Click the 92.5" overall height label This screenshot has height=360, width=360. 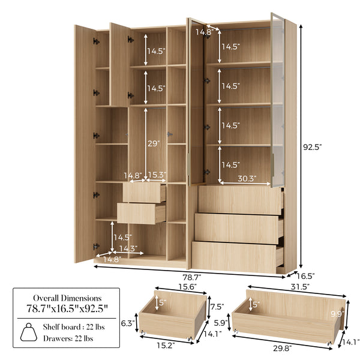312,147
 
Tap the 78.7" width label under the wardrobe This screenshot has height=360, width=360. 192,277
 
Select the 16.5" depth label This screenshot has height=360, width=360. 305,276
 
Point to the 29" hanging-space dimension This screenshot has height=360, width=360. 154,144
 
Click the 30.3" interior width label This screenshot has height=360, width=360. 247,178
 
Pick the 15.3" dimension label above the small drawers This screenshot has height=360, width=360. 157,175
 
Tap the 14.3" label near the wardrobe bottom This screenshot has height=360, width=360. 128,248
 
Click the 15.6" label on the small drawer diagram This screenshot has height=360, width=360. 187,287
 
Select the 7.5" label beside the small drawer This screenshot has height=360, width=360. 217,307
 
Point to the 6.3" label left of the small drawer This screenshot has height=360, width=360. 128,323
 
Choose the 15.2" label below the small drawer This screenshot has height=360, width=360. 166,345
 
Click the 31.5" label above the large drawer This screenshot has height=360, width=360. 300,287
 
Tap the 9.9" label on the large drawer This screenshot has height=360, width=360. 337,314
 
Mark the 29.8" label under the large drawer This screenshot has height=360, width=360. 283,348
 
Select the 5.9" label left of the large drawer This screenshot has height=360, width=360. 221,323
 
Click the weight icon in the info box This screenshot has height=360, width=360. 29,332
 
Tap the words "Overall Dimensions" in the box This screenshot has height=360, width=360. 67,298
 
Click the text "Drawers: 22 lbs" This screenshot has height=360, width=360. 68,338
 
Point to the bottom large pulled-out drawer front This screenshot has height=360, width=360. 234,257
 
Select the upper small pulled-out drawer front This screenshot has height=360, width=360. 142,193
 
